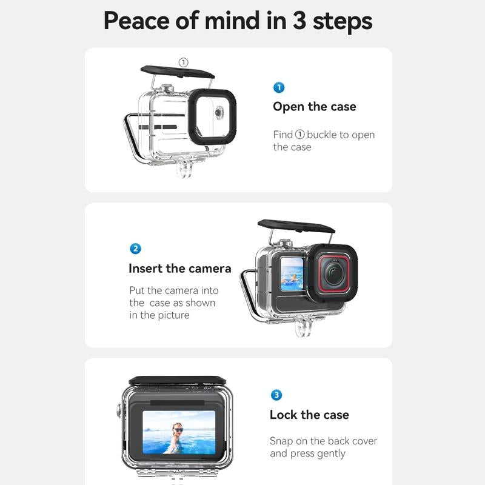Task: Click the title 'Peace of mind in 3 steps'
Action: tap(238, 21)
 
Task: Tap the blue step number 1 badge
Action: tap(279, 88)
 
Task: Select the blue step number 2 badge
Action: tap(136, 249)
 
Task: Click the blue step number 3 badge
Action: tap(276, 395)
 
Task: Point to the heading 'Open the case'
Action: tap(314, 107)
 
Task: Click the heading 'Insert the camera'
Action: tap(179, 268)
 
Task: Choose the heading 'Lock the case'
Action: tap(309, 415)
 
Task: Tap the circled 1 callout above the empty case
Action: tap(184, 62)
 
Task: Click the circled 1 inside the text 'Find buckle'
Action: tap(299, 135)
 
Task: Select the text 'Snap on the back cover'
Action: tap(323, 441)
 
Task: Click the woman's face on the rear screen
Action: tap(178, 430)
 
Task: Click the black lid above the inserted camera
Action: tap(295, 227)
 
